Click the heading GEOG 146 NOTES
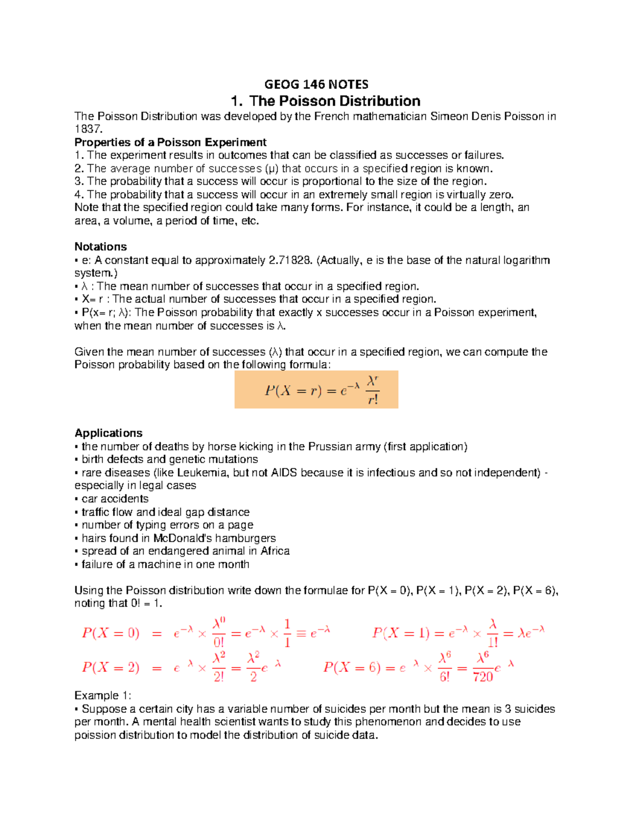pyautogui.click(x=316, y=84)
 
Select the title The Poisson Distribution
pyautogui.click(x=326, y=101)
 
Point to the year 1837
pyautogui.click(x=88, y=129)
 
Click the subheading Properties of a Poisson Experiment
pyautogui.click(x=170, y=142)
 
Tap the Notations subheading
pyautogui.click(x=101, y=247)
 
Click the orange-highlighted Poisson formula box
pyautogui.click(x=316, y=390)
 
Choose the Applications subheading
pyautogui.click(x=109, y=433)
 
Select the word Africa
pyautogui.click(x=275, y=551)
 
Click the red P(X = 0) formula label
pyautogui.click(x=111, y=633)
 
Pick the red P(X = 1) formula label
pyautogui.click(x=401, y=633)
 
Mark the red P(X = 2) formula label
pyautogui.click(x=111, y=667)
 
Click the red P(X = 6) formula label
pyautogui.click(x=352, y=667)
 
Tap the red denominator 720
pyautogui.click(x=483, y=676)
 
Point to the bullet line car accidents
pyautogui.click(x=114, y=499)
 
